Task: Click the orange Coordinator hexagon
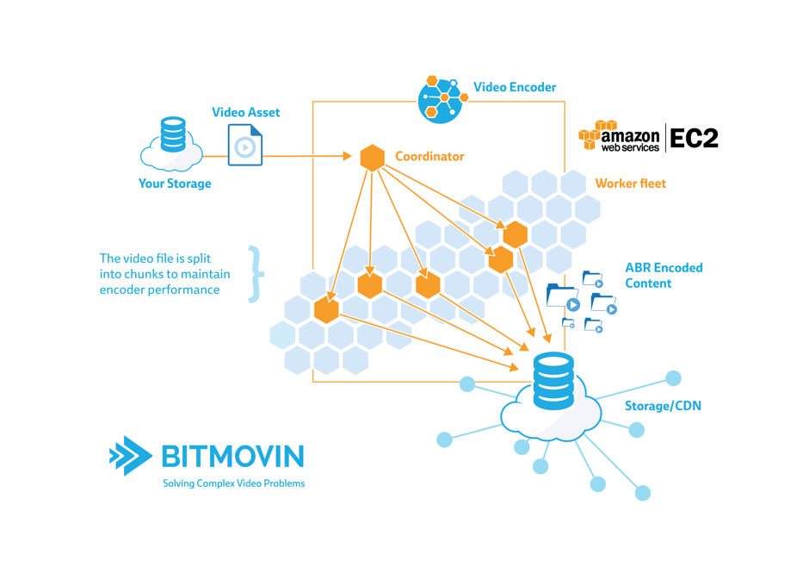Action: pos(372,158)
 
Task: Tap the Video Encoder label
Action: pos(515,87)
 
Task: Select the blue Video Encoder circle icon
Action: pos(442,99)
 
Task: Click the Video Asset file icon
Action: pos(245,145)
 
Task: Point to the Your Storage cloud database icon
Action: pos(172,144)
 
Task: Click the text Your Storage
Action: pos(175,184)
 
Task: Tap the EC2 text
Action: pos(694,138)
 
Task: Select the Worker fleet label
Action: pos(630,184)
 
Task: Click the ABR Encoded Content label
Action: pos(664,275)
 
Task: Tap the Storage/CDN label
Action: pos(663,405)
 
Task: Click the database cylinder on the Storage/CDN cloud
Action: pos(553,381)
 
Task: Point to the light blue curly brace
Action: pos(255,274)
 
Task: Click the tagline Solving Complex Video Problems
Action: pos(233,483)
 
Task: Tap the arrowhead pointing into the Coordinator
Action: pos(347,157)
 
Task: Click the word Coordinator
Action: pos(429,157)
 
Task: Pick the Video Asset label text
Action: pos(245,112)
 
